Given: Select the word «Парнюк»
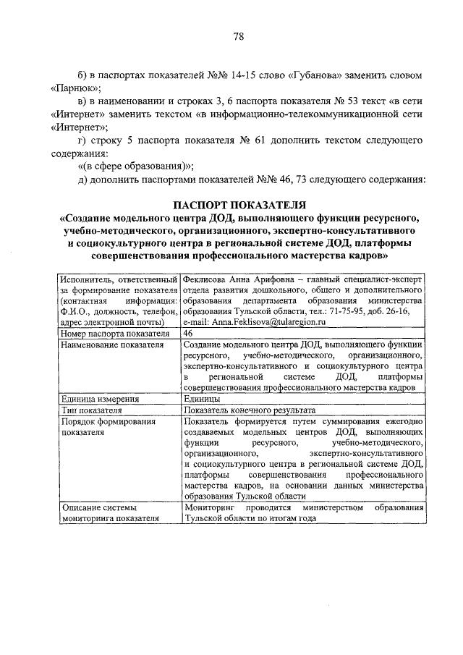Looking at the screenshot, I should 73,90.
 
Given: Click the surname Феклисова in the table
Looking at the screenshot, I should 206,278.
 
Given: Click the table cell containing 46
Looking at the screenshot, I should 189,333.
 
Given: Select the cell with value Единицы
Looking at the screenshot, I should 203,398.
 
